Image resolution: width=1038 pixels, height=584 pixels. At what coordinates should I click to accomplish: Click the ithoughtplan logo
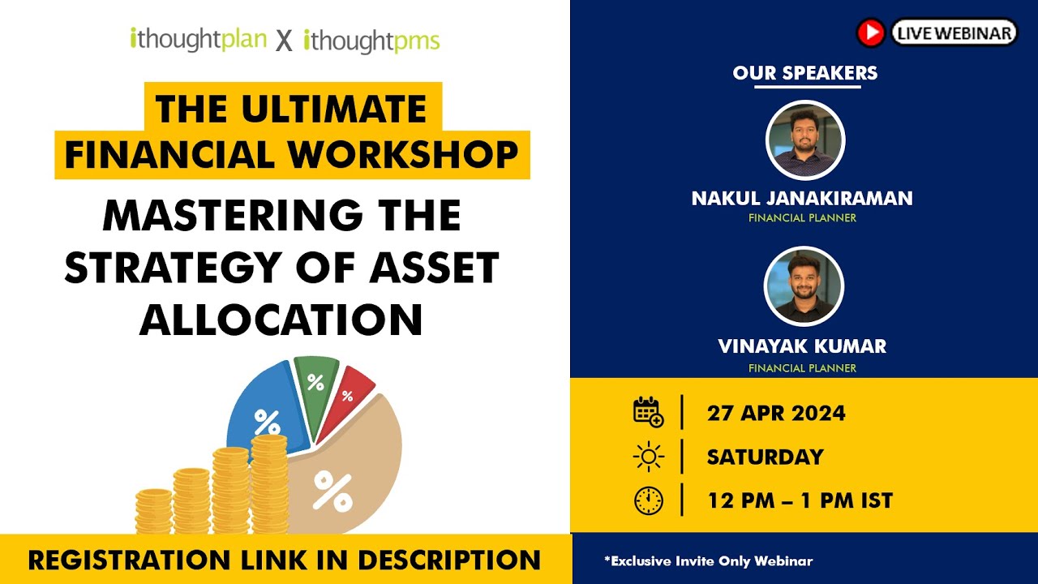198,40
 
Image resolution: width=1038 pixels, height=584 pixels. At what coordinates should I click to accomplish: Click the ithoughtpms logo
371,40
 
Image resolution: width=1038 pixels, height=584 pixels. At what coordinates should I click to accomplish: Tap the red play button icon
870,32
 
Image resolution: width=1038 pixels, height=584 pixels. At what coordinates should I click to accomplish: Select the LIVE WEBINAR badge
954,32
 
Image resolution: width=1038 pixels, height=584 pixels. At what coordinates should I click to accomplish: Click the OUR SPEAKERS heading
804,73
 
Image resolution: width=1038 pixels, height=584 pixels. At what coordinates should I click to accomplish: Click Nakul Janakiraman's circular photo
805,140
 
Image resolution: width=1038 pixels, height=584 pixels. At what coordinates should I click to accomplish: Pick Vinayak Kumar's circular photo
804,286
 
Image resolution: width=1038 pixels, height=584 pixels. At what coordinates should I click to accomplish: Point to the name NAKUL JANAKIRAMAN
802,198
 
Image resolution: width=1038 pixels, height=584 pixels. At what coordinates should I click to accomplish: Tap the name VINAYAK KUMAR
802,346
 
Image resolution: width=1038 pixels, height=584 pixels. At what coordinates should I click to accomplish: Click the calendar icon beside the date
648,412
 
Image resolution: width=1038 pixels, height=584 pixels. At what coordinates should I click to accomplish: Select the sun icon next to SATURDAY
648,457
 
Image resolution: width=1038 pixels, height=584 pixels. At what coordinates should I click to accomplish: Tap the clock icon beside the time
648,500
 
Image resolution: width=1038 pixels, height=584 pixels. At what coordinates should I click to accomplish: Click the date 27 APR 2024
776,413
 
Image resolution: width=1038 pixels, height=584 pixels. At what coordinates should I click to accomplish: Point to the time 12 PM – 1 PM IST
800,500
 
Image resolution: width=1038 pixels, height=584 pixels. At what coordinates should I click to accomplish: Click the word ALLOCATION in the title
281,320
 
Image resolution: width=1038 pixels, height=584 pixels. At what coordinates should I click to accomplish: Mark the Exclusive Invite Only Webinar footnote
708,560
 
